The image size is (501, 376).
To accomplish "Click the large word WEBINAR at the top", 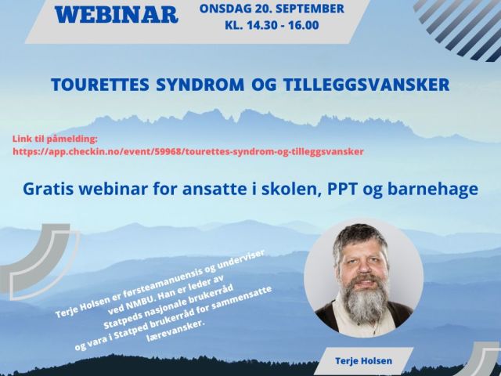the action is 117,15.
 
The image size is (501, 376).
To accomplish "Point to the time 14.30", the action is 258,25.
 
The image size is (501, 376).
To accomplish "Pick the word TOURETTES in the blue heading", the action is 100,85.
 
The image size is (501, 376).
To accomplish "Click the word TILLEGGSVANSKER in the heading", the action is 366,85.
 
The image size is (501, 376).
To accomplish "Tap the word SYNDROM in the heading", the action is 200,85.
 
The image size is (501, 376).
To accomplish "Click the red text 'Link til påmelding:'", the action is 55,139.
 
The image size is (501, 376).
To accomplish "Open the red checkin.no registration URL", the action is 188,151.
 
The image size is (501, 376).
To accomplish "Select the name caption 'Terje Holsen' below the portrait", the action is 363,361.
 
